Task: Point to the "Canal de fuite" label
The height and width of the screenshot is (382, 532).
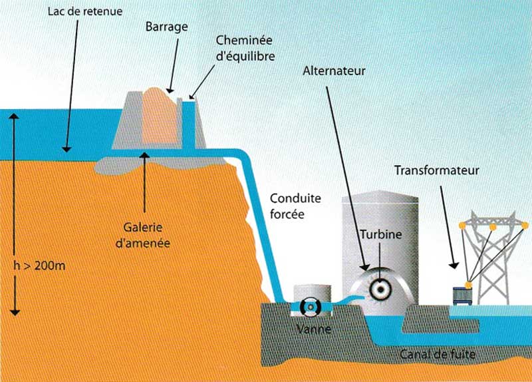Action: pyautogui.click(x=436, y=354)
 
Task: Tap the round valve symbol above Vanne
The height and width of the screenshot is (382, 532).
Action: pyautogui.click(x=311, y=307)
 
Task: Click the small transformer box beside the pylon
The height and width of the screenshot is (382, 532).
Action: pyautogui.click(x=462, y=295)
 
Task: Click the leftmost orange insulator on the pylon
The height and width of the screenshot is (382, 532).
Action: pyautogui.click(x=461, y=230)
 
